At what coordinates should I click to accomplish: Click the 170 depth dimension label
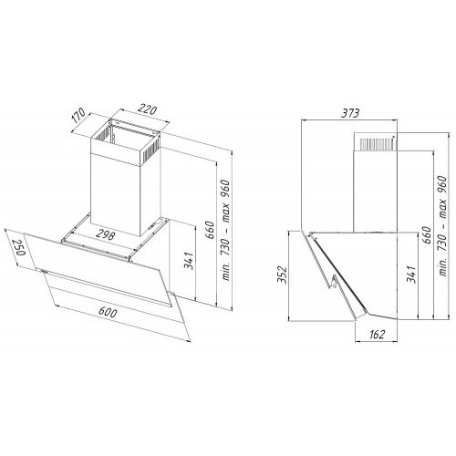pyautogui.click(x=79, y=116)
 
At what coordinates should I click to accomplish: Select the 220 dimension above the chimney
pyautogui.click(x=148, y=109)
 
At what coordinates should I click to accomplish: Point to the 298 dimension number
pyautogui.click(x=105, y=234)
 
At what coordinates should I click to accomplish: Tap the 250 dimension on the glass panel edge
pyautogui.click(x=18, y=247)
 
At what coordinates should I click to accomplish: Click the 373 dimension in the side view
pyautogui.click(x=350, y=113)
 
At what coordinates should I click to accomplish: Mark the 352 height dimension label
pyautogui.click(x=283, y=275)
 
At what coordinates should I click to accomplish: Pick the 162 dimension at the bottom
pyautogui.click(x=377, y=334)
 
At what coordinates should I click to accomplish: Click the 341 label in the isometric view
pyautogui.click(x=189, y=261)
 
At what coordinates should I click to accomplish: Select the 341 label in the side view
pyautogui.click(x=411, y=274)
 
